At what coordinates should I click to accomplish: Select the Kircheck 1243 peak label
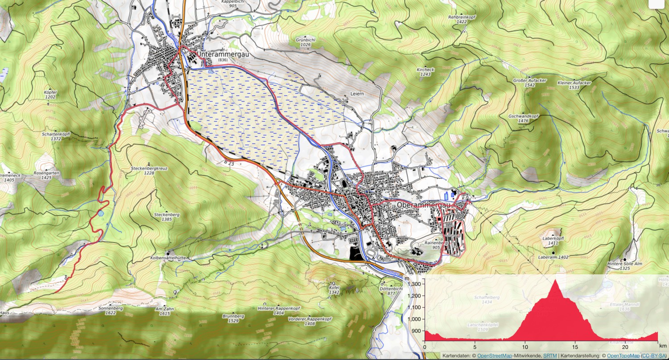point(425,72)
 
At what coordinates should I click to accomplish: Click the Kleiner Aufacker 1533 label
point(574,85)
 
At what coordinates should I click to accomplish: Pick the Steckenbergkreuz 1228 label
point(149,170)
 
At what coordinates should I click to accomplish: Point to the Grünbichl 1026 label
point(306,42)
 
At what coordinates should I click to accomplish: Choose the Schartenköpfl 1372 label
point(56,136)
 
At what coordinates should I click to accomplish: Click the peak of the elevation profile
point(556,280)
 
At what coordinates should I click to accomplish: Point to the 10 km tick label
point(525,347)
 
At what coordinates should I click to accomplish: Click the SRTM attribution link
point(549,356)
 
